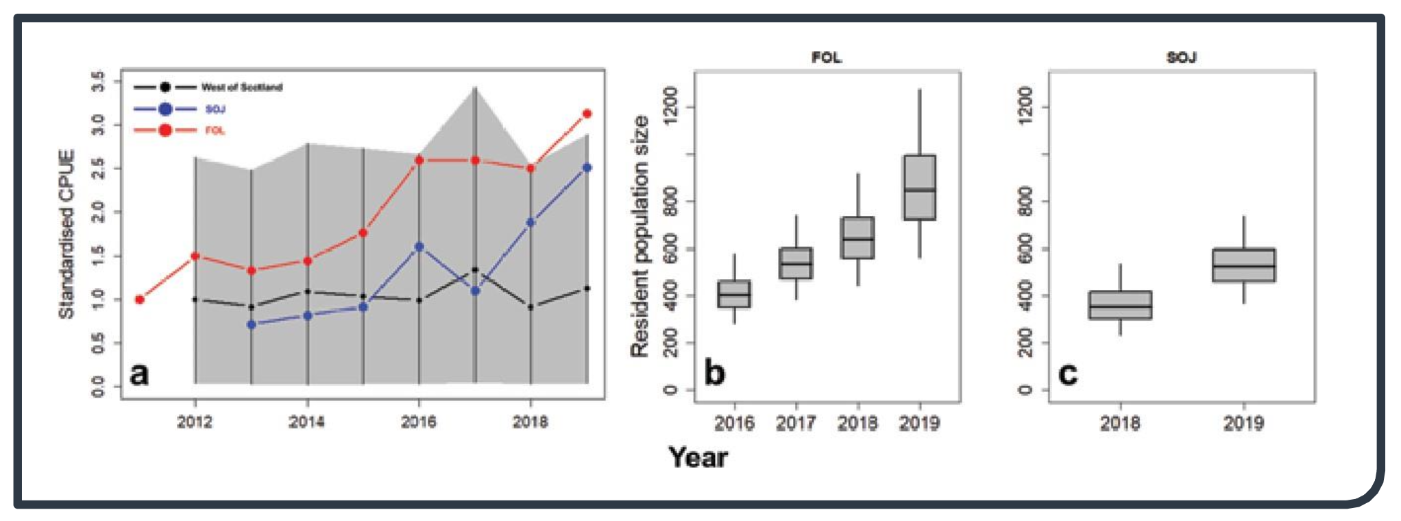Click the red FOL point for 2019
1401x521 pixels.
pos(587,114)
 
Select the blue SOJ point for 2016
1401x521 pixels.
pos(419,247)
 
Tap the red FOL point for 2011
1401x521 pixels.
pos(140,300)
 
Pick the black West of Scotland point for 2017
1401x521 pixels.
pos(475,270)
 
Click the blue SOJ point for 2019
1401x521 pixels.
pos(587,168)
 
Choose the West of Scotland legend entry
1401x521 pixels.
pos(208,87)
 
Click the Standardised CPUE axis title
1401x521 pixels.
pos(66,234)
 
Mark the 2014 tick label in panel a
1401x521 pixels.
pos(306,422)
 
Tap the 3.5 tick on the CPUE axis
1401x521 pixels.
pos(98,81)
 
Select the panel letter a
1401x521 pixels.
pos(139,374)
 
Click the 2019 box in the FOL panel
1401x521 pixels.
pos(919,187)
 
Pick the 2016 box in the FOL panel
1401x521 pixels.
pos(734,294)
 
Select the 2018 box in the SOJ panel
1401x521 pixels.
pos(1120,305)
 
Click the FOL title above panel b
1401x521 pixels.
pos(827,58)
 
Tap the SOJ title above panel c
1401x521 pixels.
pos(1181,58)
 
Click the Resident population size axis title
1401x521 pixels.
pos(639,236)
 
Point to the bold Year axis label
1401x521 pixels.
pos(698,457)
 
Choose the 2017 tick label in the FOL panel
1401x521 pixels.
pos(796,423)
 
